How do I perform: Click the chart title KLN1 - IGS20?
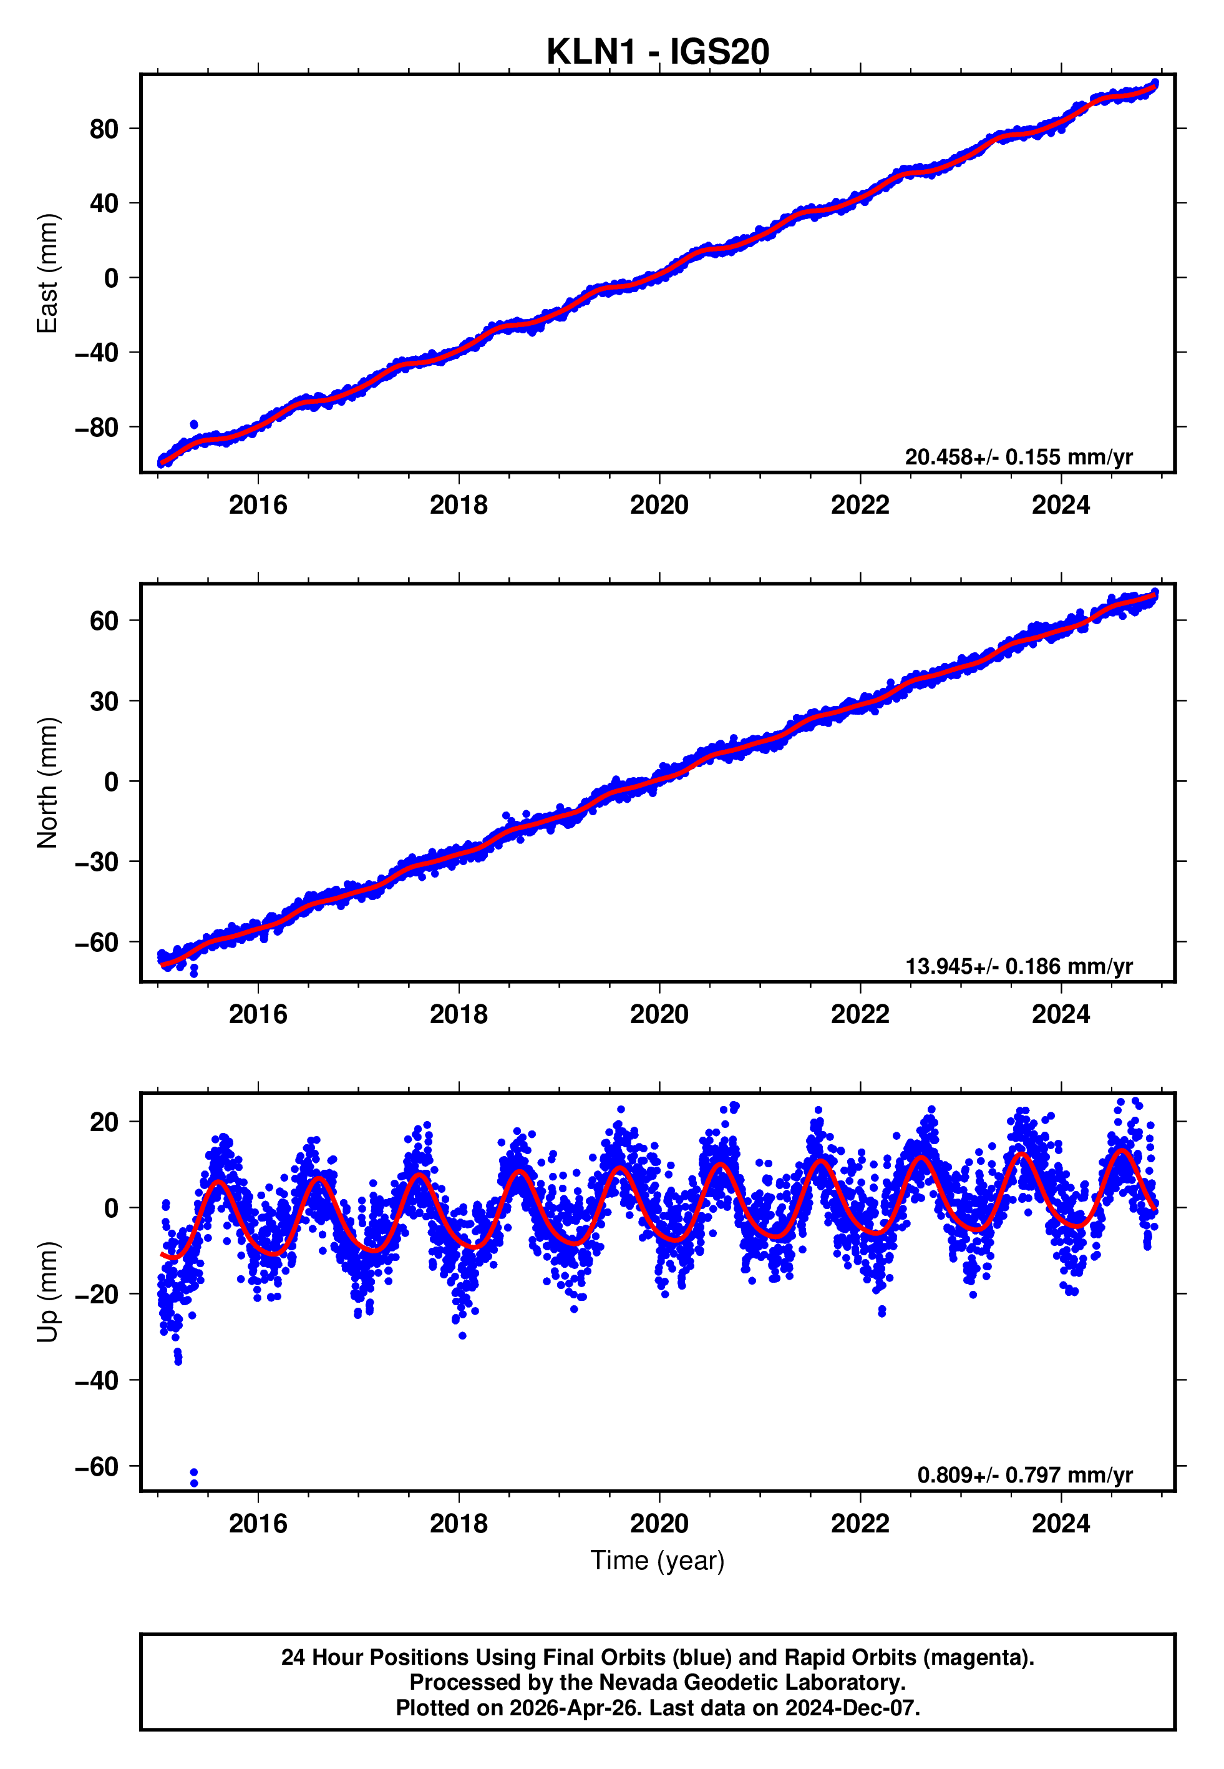pyautogui.click(x=658, y=52)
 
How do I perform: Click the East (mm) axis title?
pyautogui.click(x=47, y=273)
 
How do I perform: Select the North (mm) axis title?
pyautogui.click(x=47, y=783)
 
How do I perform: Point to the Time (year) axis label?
pyautogui.click(x=658, y=1561)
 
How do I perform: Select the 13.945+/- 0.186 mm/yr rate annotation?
pyautogui.click(x=1019, y=966)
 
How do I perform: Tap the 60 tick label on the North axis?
pyautogui.click(x=104, y=620)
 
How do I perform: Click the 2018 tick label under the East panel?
pyautogui.click(x=459, y=505)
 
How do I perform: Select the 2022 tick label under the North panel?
pyautogui.click(x=860, y=1014)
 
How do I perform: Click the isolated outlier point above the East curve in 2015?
pyautogui.click(x=194, y=424)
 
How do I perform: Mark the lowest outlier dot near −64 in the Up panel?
pyautogui.click(x=194, y=1483)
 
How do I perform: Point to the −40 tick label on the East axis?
pyautogui.click(x=96, y=353)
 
